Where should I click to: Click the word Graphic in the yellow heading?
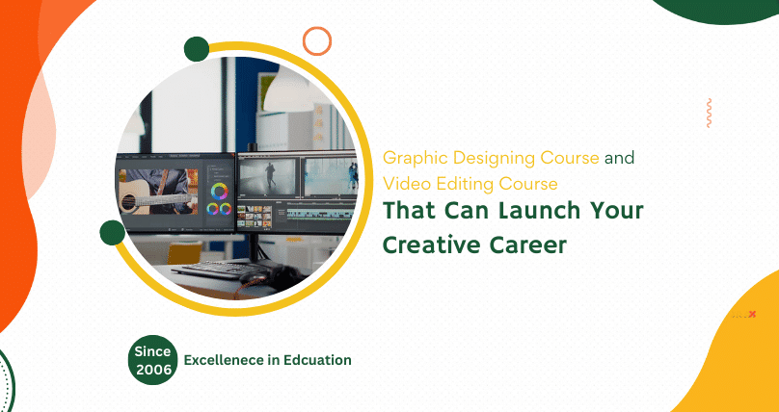[409, 157]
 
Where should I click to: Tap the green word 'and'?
[620, 157]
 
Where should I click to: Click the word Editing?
[452, 182]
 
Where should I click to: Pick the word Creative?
[427, 244]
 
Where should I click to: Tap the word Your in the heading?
[610, 210]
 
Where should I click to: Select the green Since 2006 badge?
[152, 360]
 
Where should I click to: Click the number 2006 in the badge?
[152, 369]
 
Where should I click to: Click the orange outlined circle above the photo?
[317, 40]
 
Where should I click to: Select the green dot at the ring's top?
[197, 49]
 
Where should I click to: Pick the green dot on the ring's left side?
[112, 232]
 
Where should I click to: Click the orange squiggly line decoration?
[709, 113]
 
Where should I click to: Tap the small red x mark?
[752, 314]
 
